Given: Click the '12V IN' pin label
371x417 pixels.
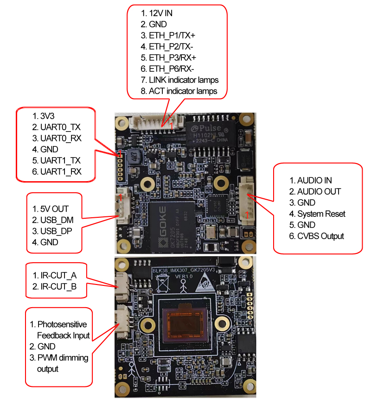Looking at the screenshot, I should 160,13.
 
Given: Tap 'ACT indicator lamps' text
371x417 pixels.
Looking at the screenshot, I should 183,91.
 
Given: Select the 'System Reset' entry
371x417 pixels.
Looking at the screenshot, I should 321,214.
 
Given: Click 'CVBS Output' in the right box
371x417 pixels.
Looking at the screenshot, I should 320,236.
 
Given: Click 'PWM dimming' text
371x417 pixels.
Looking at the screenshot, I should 63,358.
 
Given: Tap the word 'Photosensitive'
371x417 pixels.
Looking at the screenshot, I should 62,324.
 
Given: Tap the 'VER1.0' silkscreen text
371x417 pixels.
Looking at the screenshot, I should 184,277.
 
